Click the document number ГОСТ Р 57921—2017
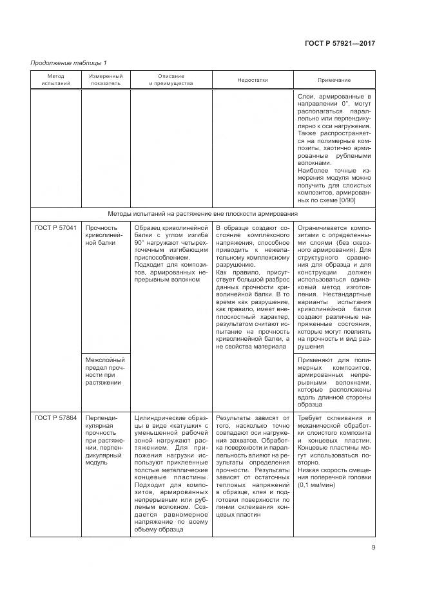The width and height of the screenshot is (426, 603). pyautogui.click(x=340, y=43)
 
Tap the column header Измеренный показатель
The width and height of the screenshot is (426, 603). pyautogui.click(x=105, y=80)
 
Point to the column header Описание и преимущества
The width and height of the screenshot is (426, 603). pyautogui.click(x=171, y=80)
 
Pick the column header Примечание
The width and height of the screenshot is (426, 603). pyautogui.click(x=334, y=81)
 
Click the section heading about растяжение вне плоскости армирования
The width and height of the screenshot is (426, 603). pyautogui.click(x=212, y=213)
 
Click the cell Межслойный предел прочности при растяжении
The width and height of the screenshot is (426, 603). pyautogui.click(x=104, y=370)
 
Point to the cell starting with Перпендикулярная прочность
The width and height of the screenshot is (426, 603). pyautogui.click(x=104, y=438)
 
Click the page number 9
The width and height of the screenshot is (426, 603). pyautogui.click(x=373, y=548)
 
